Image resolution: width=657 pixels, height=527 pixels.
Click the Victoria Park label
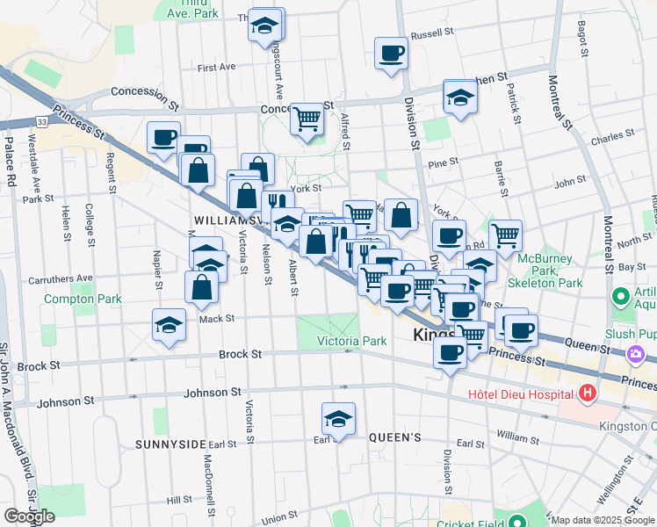point(351,340)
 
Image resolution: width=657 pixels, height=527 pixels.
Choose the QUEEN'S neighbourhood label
point(395,437)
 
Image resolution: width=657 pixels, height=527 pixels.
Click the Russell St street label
point(431,34)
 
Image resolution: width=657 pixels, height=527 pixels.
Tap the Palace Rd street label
point(11,167)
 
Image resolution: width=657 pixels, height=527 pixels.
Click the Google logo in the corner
point(29,516)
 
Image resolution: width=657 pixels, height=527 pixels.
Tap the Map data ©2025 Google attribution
point(603,520)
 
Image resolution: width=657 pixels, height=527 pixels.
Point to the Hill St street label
point(179,499)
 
